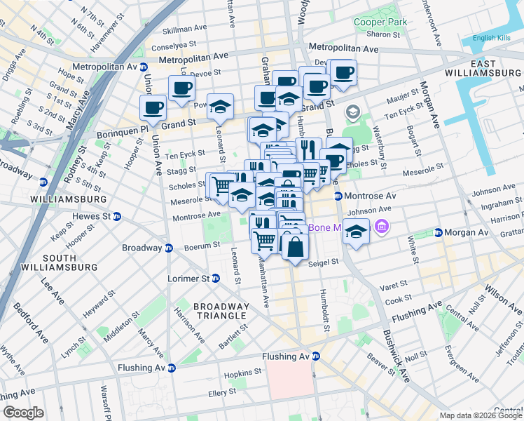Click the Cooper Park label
[380, 22]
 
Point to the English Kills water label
[493, 38]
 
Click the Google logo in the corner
[23, 413]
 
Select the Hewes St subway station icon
[117, 216]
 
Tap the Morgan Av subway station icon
[438, 232]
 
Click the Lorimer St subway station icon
[216, 279]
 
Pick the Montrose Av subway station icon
[338, 196]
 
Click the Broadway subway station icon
[169, 248]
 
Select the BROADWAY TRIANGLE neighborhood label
[221, 312]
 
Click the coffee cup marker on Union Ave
[153, 109]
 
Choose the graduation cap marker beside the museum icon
[357, 232]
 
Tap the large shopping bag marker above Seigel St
[296, 246]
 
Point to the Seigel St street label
[323, 262]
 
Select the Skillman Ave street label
[184, 30]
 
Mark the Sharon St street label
[382, 34]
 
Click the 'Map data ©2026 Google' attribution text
[480, 415]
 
